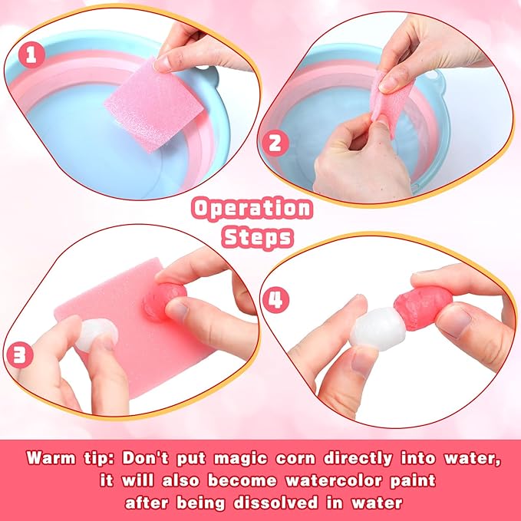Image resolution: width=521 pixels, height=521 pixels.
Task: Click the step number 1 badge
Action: point(31,55)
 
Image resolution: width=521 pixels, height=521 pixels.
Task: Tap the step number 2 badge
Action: point(275,144)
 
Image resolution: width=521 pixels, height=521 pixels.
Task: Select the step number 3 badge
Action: point(20,355)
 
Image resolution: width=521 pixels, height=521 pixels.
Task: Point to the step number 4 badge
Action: point(275,300)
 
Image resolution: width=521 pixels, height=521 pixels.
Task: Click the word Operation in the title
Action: point(252,209)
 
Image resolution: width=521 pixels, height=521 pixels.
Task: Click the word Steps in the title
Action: point(258,237)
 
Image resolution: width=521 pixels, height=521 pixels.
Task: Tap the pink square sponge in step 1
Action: point(154,105)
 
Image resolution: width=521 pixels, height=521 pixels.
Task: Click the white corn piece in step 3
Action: point(97,335)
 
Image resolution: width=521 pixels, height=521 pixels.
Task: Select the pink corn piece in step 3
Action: point(163,301)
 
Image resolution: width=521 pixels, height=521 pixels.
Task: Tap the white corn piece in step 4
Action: point(378,329)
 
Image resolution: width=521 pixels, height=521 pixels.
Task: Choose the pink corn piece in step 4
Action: point(423,308)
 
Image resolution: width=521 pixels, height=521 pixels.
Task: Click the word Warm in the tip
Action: point(51,458)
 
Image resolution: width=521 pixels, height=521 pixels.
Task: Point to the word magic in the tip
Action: point(240,459)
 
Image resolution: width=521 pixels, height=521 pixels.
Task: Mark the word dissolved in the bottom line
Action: point(275,503)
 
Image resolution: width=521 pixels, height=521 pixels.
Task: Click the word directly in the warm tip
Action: point(358,459)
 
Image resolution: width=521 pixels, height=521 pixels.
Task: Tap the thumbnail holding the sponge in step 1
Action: point(164,63)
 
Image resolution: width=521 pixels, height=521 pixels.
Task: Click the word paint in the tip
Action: point(413,481)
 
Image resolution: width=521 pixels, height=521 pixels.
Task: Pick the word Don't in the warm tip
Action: point(145,458)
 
